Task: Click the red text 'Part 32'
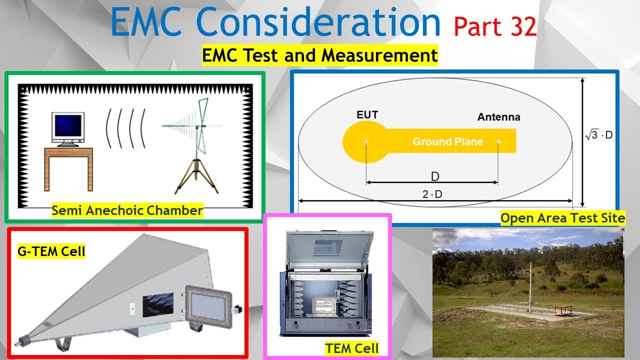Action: [495, 26]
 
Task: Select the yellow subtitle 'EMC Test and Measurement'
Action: [320, 55]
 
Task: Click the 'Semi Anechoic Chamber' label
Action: [127, 210]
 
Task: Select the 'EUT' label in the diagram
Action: [367, 115]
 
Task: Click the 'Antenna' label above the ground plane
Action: [498, 117]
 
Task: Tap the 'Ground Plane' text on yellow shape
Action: [447, 142]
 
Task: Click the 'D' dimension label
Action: [434, 176]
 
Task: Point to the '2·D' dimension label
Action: [432, 194]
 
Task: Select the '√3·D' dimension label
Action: [599, 135]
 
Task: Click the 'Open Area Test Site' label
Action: [562, 218]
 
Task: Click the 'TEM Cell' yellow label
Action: [352, 348]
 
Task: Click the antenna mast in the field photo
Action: [529, 285]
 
